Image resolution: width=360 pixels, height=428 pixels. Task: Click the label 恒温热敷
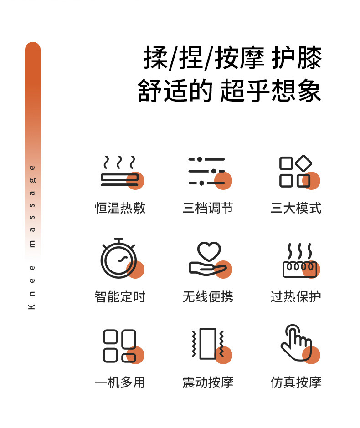pyautogui.click(x=120, y=208)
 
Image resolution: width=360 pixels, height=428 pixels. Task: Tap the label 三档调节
pyautogui.click(x=208, y=208)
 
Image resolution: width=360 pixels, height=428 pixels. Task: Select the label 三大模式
pyautogui.click(x=296, y=208)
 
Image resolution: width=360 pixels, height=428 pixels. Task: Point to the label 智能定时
pyautogui.click(x=120, y=297)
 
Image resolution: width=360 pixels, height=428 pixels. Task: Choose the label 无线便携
pyautogui.click(x=208, y=297)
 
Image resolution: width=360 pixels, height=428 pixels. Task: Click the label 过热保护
pyautogui.click(x=296, y=297)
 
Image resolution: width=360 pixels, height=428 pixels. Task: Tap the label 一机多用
pyautogui.click(x=120, y=382)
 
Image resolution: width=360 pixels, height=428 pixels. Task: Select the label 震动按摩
pyautogui.click(x=208, y=382)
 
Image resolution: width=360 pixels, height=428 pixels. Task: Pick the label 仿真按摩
pyautogui.click(x=296, y=382)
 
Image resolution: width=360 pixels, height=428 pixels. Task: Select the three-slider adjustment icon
pyautogui.click(x=207, y=171)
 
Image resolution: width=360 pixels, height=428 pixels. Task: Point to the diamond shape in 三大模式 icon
pyautogui.click(x=303, y=163)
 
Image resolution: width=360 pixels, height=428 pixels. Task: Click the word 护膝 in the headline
pyautogui.click(x=297, y=57)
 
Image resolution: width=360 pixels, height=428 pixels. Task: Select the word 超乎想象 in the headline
pyautogui.click(x=271, y=91)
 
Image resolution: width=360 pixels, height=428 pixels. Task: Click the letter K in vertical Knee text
pyautogui.click(x=32, y=306)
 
